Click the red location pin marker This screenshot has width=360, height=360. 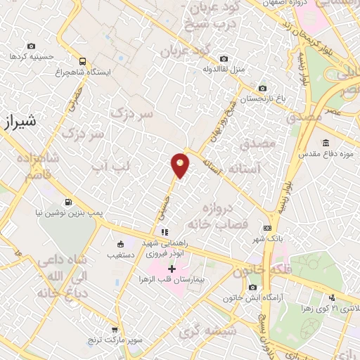[180, 165]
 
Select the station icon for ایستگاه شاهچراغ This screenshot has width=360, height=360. [83, 61]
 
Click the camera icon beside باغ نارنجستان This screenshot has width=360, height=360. [262, 89]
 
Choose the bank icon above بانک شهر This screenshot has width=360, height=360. [267, 228]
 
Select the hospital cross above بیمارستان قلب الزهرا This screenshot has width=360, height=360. [172, 269]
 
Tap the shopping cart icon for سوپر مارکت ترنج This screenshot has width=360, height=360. [115, 329]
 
